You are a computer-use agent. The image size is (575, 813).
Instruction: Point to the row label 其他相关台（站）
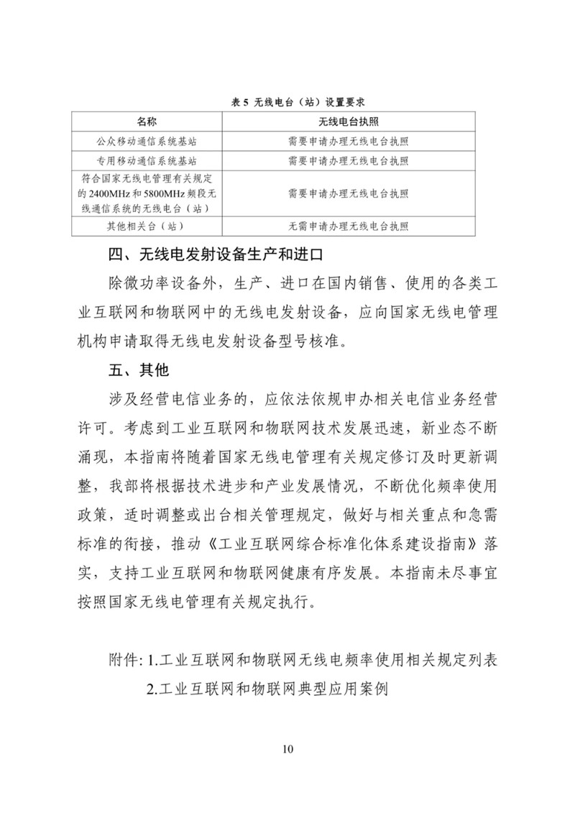(147, 226)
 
